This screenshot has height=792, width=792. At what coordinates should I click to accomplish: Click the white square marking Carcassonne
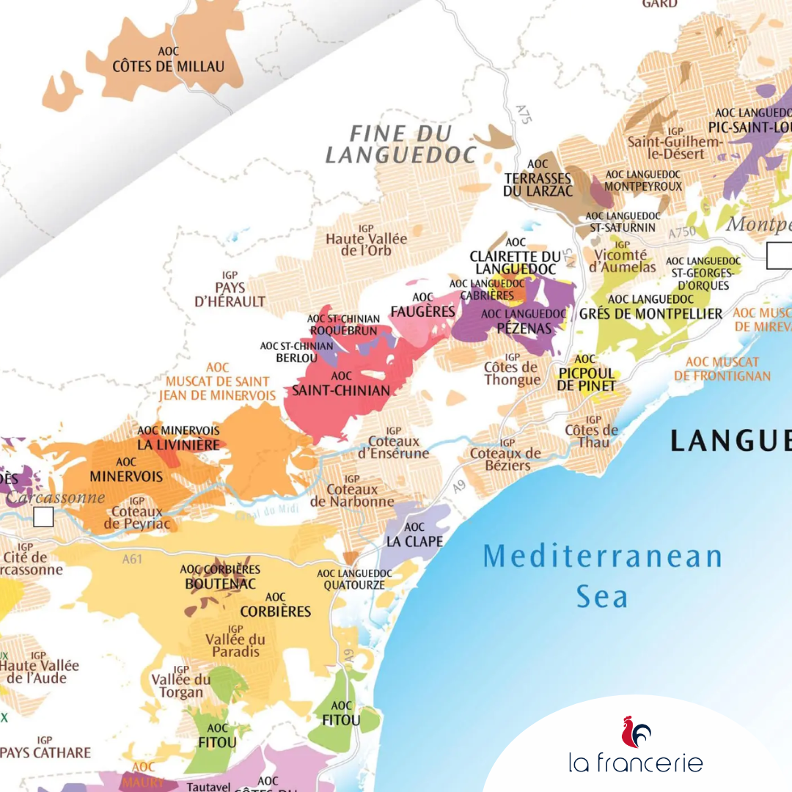(x=43, y=517)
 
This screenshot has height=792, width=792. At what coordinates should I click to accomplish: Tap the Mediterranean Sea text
(x=602, y=576)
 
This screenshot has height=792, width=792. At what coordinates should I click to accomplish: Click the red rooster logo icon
(x=636, y=732)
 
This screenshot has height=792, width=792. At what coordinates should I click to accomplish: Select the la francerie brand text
(x=636, y=763)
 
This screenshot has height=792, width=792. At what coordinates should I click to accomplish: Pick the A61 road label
(x=133, y=560)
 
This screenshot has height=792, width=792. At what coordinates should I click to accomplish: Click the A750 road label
(x=682, y=232)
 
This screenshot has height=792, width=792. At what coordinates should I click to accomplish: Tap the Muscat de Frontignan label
(x=722, y=369)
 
